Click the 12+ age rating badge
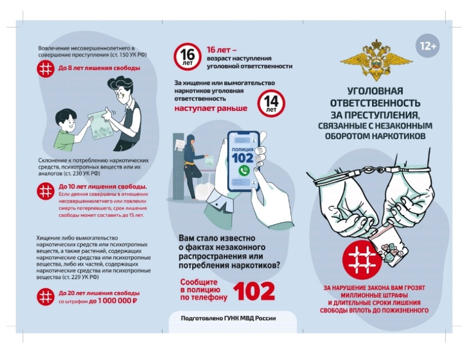pos(427,46)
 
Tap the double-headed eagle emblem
pos(376,60)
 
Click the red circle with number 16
pos(188,56)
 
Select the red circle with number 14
pos(271,103)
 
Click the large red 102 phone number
pos(254,291)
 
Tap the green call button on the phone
pos(244,170)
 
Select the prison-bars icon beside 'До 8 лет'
pos(45,69)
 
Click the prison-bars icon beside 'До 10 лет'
pos(45,191)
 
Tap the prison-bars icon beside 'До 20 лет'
pos(45,297)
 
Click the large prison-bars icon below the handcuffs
pos(362,260)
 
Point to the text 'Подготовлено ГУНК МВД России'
pos(228,318)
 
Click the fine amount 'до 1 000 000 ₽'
pos(113,301)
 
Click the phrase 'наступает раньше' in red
pos(211,108)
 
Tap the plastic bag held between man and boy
pos(101,125)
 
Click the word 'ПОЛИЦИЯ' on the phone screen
pos(242,149)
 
